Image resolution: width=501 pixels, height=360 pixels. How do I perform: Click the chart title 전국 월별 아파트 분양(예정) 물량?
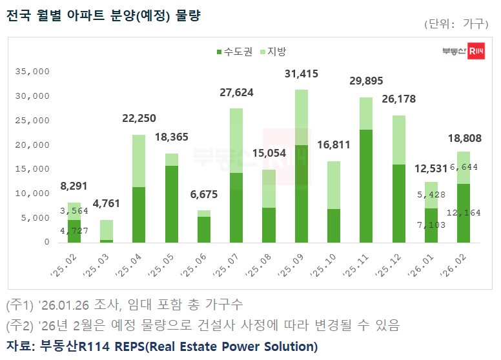point(103,15)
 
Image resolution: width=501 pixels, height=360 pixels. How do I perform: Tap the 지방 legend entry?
point(272,52)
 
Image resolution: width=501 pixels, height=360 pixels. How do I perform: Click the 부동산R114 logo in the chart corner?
point(463,52)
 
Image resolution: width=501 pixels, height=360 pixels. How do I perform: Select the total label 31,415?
point(302,74)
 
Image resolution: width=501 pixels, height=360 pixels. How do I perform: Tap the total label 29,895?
point(366,81)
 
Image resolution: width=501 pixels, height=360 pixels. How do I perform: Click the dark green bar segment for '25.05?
point(171,204)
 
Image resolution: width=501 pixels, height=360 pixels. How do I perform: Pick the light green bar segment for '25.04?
point(139,161)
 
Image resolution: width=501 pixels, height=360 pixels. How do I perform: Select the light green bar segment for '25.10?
point(334,185)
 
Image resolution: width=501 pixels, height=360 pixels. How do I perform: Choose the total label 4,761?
point(106,204)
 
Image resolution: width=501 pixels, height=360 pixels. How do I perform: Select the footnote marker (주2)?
point(20,325)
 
